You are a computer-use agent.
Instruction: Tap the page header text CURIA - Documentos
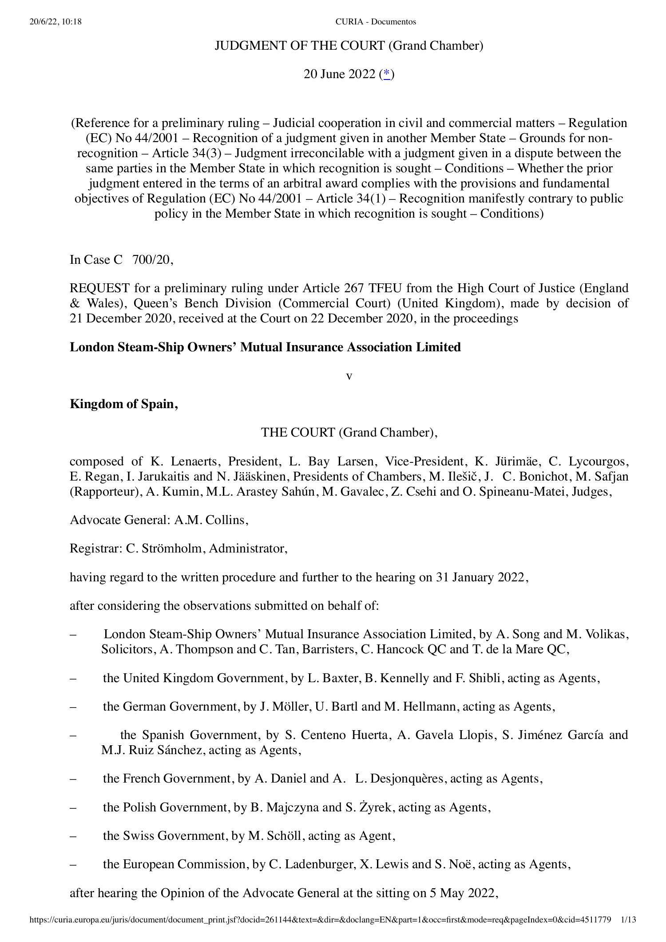376,21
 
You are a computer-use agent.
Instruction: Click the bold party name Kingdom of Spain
123,404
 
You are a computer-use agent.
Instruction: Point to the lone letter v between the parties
349,376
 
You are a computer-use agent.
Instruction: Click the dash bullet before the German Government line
73,707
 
